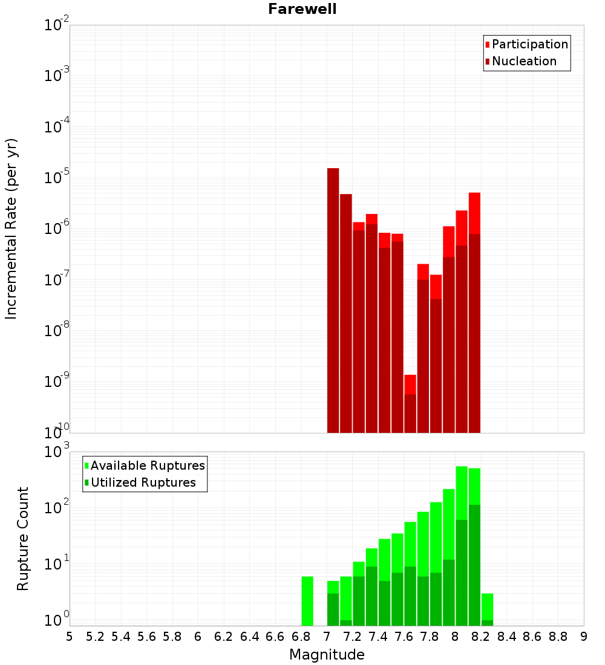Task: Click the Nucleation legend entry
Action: click(x=524, y=61)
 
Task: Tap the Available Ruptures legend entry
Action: click(x=148, y=465)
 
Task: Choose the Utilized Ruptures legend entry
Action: click(x=143, y=482)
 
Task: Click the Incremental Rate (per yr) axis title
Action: click(x=11, y=229)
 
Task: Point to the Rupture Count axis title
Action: click(x=23, y=539)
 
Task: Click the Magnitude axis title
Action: click(x=327, y=655)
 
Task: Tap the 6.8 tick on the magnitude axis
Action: click(x=301, y=637)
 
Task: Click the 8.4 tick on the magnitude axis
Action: click(x=506, y=637)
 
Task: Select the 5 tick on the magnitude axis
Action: click(x=70, y=637)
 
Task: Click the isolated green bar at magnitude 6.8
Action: click(x=307, y=601)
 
